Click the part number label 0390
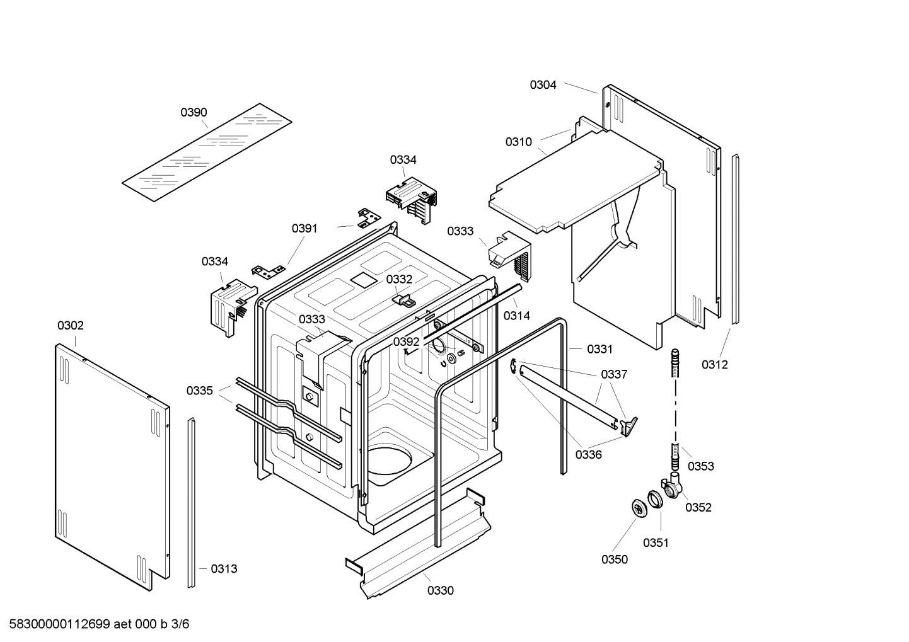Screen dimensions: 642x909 point(194,112)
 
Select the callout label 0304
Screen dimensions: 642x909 point(543,84)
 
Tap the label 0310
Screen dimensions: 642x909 point(518,142)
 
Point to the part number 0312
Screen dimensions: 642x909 point(715,364)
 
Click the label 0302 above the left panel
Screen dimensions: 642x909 point(71,325)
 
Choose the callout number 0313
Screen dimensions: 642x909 point(224,569)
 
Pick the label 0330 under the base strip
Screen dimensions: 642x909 point(440,590)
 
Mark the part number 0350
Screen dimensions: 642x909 point(615,559)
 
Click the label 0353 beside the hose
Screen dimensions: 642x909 point(700,466)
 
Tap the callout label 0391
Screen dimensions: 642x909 point(304,228)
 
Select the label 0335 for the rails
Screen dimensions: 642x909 point(199,391)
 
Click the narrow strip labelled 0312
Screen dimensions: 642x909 point(735,239)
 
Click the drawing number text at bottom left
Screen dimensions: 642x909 point(95,624)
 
